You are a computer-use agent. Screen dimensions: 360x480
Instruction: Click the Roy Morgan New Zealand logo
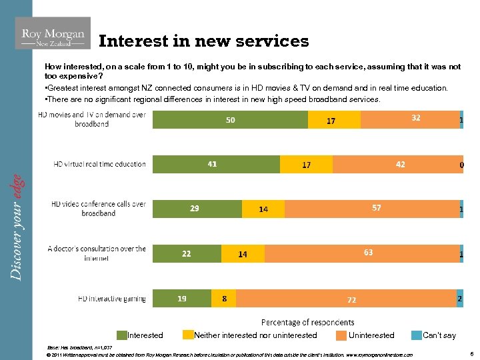(x=53, y=33)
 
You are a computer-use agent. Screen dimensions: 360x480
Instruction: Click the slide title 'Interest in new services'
(x=203, y=41)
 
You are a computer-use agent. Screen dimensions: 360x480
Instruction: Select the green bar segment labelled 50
(x=230, y=119)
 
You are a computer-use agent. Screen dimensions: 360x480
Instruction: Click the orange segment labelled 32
(x=409, y=119)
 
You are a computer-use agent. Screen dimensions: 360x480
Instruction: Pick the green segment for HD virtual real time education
(x=216, y=164)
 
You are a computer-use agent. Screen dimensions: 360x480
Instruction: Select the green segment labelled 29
(x=197, y=209)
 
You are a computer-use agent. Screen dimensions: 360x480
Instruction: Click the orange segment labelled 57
(x=372, y=209)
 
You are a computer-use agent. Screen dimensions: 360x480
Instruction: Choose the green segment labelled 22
(x=187, y=253)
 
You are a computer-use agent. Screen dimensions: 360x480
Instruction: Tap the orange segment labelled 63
(x=362, y=253)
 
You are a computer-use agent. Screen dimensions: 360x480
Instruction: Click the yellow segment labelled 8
(x=223, y=299)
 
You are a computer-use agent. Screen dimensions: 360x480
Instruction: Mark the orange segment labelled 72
(x=346, y=299)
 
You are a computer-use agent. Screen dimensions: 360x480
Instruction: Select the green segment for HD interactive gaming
(x=182, y=299)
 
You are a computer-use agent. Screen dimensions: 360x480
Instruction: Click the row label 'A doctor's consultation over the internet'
(x=97, y=253)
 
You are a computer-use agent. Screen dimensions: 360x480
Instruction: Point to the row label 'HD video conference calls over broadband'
(x=98, y=209)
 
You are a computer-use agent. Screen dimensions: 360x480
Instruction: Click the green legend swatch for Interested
(x=122, y=335)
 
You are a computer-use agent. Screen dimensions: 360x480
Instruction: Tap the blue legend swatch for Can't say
(x=416, y=335)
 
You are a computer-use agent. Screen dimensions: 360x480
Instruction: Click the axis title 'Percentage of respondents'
(x=307, y=323)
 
